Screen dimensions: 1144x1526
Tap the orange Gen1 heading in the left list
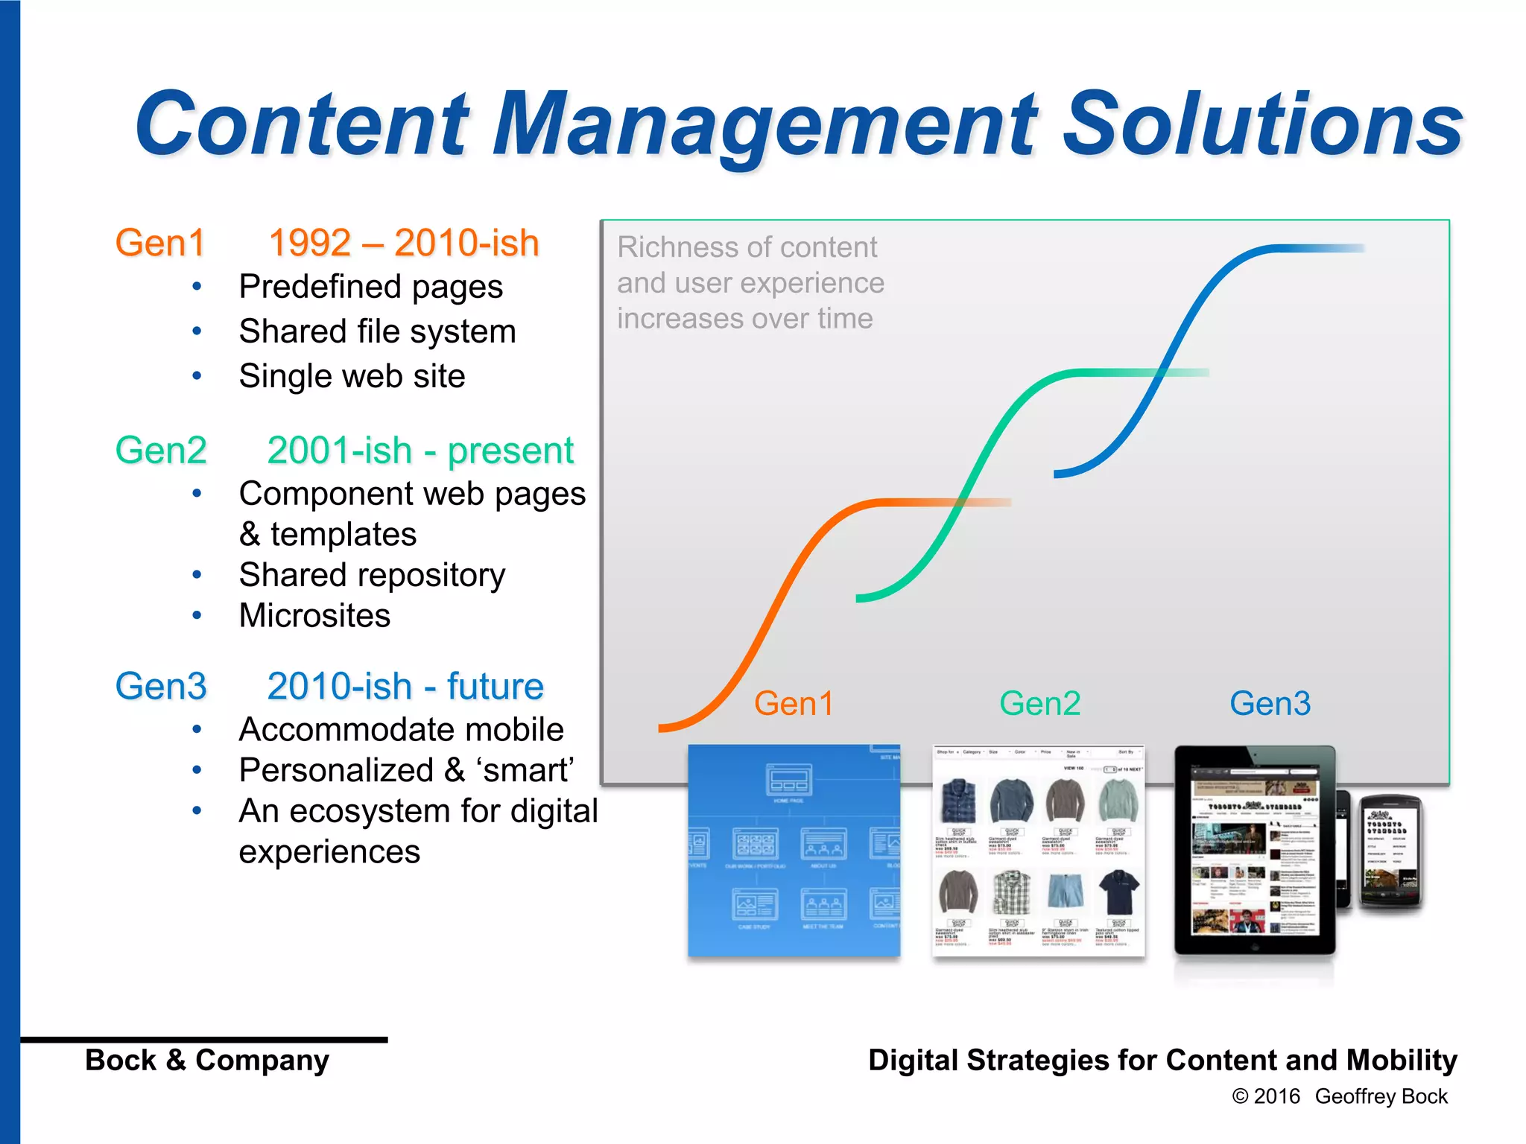160,243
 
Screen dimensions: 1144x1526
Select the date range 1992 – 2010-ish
403,243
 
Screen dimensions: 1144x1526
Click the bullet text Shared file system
377,331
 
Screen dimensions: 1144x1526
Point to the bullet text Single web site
352,376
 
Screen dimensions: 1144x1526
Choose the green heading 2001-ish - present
420,451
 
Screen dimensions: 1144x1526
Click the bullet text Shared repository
372,575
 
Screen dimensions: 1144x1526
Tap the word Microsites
314,616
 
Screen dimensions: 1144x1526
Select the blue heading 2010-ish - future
405,686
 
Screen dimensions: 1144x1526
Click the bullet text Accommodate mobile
401,730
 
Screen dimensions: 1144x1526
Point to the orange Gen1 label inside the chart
793,704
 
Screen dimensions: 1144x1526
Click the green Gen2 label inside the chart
1039,704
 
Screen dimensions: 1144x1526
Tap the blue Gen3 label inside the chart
1270,704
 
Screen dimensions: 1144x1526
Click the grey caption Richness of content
747,247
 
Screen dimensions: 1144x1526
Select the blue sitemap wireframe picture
794,850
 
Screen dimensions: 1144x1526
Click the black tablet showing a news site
1254,850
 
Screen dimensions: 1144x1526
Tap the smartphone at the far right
1390,851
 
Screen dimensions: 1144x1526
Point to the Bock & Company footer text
207,1060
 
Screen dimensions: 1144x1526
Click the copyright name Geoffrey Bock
1381,1096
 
